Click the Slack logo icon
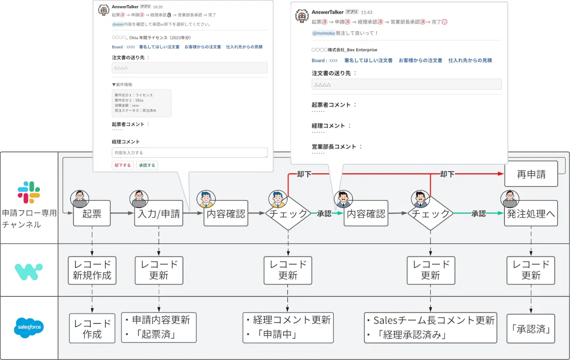pos(29,191)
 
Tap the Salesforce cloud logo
pos(29,327)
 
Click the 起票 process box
pos(92,213)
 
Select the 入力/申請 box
pos(159,213)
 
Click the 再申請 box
pos(531,174)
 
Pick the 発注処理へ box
pos(531,213)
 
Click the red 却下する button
pos(123,165)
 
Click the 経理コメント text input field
pos(190,152)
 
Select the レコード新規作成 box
pos(92,270)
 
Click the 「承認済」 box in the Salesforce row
pos(531,328)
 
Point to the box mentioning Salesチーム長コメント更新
pos(430,327)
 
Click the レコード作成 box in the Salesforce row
pos(92,328)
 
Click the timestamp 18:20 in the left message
pos(158,7)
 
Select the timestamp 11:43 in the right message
pos(367,12)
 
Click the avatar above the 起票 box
pos(79,199)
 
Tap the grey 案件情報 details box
pos(141,103)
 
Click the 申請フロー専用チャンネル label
pos(29,218)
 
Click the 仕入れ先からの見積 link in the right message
pos(470,60)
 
